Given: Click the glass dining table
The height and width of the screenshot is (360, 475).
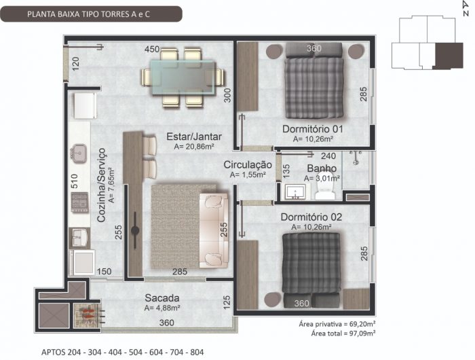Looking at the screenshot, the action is (x=184, y=77).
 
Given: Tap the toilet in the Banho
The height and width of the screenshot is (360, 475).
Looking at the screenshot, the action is (x=325, y=187).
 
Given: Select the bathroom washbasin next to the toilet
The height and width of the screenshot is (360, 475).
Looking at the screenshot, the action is (x=295, y=192).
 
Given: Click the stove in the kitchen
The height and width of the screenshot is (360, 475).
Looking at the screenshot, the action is (x=80, y=202).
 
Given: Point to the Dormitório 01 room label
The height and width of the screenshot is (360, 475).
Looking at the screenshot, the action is (x=313, y=129).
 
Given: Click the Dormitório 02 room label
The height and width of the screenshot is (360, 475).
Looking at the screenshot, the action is (x=311, y=217).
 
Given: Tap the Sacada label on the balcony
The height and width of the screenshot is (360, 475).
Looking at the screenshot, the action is (x=162, y=298).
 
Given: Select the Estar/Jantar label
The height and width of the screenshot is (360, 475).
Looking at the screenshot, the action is (x=194, y=137).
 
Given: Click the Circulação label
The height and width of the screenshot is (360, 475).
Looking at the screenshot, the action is (x=248, y=165).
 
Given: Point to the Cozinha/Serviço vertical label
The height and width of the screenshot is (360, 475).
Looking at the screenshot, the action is (x=102, y=185).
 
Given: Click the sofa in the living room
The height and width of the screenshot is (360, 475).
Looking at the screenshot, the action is (x=214, y=230).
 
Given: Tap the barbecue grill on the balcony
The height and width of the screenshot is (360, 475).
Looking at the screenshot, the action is (x=87, y=315).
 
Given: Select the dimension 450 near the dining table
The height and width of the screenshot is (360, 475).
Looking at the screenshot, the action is (x=152, y=49).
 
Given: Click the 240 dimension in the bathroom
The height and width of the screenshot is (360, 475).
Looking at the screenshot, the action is (x=328, y=156).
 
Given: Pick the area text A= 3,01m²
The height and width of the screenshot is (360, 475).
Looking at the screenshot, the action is (x=322, y=179).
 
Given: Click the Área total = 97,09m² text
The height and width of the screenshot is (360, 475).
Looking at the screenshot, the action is (x=343, y=334).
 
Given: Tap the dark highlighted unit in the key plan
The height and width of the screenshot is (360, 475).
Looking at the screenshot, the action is (x=449, y=56).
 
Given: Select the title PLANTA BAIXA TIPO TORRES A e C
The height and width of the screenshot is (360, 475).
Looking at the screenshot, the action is (x=88, y=14).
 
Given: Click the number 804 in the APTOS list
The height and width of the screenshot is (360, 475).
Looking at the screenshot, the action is (x=197, y=353).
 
